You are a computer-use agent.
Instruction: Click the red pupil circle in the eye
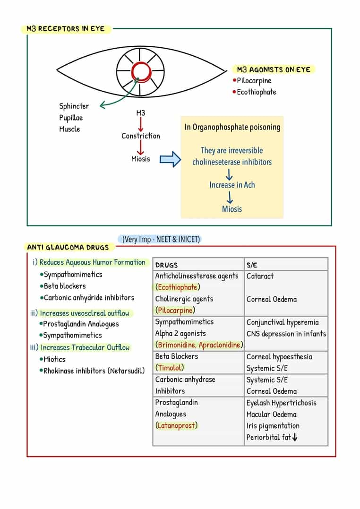click(x=141, y=71)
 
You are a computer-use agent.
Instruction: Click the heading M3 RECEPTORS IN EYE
click(x=66, y=29)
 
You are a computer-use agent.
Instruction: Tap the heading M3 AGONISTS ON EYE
click(x=274, y=69)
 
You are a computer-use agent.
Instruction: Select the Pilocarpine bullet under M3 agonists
click(x=254, y=81)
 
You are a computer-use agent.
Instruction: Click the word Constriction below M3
click(x=141, y=136)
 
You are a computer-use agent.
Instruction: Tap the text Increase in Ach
click(x=232, y=185)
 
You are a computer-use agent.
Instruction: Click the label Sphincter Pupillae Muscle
click(x=74, y=118)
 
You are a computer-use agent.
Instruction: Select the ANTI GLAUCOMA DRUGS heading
click(x=68, y=247)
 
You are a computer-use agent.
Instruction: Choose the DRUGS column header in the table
click(x=166, y=265)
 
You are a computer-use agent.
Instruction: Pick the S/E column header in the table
click(x=252, y=265)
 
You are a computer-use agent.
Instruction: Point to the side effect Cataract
click(x=260, y=276)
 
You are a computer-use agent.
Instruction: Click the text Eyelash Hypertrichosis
click(x=281, y=403)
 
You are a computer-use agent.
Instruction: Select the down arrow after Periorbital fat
click(x=295, y=438)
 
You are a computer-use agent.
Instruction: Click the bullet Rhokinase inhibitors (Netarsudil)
click(x=94, y=371)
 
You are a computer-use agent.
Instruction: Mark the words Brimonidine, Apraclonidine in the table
click(x=199, y=345)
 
